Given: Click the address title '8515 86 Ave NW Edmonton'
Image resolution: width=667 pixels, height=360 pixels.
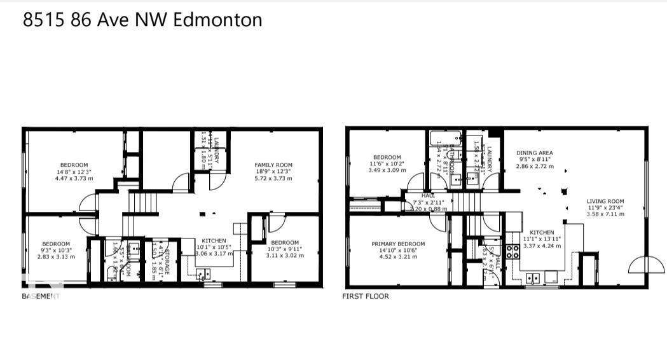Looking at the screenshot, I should pos(142,20).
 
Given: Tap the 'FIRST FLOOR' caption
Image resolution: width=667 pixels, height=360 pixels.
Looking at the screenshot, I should pos(366,296).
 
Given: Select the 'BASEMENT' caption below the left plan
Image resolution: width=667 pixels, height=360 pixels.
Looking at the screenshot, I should pos(41,296).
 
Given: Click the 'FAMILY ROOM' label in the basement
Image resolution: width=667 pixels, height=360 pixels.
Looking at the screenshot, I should pos(273,165).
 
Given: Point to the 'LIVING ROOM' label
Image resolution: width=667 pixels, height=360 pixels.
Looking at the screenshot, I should pos(605,202).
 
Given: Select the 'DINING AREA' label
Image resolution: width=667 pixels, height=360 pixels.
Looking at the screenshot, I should pos(534,153).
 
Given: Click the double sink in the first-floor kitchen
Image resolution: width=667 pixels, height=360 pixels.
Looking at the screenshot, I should pos(533,277).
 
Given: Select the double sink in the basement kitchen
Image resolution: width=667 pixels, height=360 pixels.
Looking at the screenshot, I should pos(203,275).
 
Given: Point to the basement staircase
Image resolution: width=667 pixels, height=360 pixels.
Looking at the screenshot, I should pos(142,204).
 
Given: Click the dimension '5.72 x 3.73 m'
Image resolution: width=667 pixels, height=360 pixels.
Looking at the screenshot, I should pos(273,179).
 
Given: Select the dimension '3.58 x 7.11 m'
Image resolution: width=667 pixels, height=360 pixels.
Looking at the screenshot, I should pos(605,214).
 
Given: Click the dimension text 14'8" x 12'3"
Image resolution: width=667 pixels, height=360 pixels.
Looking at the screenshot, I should pos(74,172).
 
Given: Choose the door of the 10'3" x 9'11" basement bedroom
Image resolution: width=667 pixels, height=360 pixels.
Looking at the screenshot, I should pos(277,223).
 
